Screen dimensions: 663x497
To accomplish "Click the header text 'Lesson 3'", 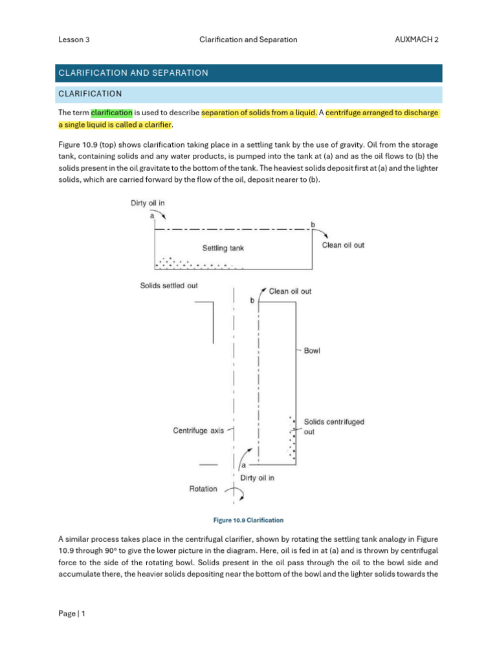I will tap(74, 39).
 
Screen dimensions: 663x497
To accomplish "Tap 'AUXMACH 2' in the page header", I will tap(416, 39).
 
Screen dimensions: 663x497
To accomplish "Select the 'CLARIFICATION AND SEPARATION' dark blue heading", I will tap(133, 73).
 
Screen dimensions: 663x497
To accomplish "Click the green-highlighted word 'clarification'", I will tap(111, 113).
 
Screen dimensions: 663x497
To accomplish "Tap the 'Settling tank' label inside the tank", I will tap(223, 247).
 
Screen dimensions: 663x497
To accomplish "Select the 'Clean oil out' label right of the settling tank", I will tap(343, 245).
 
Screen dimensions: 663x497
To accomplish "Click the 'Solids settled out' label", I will tap(169, 286).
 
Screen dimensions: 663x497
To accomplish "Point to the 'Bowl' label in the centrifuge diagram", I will tap(312, 351).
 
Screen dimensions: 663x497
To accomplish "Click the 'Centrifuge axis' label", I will tap(198, 430).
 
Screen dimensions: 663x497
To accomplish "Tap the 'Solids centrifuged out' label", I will tap(333, 426).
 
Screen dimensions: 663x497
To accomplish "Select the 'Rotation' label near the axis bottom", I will tap(203, 489).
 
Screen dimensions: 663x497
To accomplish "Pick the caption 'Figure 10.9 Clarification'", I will tap(248, 520).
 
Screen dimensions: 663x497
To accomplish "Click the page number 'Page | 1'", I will tap(71, 613).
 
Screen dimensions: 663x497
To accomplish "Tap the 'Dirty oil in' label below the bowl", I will tap(257, 478).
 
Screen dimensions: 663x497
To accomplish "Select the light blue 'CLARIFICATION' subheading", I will tap(90, 94).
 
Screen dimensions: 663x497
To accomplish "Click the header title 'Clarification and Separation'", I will tap(248, 39).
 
